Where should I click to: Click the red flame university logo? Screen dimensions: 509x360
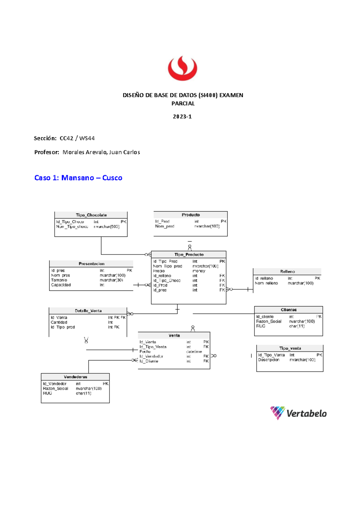click(182, 68)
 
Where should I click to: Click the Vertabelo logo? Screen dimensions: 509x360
click(298, 413)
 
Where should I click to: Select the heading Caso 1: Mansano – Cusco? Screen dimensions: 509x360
click(78, 178)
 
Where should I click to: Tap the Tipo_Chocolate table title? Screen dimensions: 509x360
click(91, 215)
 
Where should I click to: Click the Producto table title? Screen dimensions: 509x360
click(190, 215)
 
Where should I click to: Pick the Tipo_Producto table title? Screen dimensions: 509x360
click(189, 254)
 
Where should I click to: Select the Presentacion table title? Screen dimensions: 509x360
click(91, 264)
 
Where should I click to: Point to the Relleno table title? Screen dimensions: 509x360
click(287, 272)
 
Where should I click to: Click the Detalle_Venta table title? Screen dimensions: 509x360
click(88, 311)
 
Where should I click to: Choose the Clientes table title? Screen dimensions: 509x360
click(289, 310)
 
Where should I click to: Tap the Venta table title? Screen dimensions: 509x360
click(174, 336)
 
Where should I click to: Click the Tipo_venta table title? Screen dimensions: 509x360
click(290, 348)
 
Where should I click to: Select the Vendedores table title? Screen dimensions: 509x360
click(75, 377)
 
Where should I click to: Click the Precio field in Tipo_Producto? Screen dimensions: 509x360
click(159, 271)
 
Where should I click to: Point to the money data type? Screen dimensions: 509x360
click(199, 271)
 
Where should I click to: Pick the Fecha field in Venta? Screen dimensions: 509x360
click(145, 351)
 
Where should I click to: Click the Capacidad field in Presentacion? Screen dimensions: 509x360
click(61, 285)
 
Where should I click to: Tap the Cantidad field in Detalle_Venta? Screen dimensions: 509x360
click(59, 322)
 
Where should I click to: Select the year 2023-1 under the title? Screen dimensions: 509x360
click(182, 116)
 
